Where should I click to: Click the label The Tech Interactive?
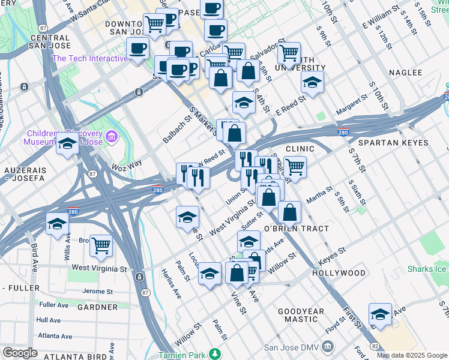(x=90, y=58)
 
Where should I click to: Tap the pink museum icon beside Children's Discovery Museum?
(x=111, y=137)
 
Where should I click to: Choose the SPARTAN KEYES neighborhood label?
(x=393, y=143)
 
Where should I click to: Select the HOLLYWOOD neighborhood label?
(x=339, y=273)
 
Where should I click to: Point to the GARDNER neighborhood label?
(x=97, y=307)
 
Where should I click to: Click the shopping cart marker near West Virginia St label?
(x=101, y=245)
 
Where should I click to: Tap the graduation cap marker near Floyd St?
(x=380, y=314)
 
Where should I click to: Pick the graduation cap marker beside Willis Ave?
(x=57, y=224)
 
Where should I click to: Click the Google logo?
(x=20, y=353)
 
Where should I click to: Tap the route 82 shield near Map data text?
(x=375, y=347)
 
